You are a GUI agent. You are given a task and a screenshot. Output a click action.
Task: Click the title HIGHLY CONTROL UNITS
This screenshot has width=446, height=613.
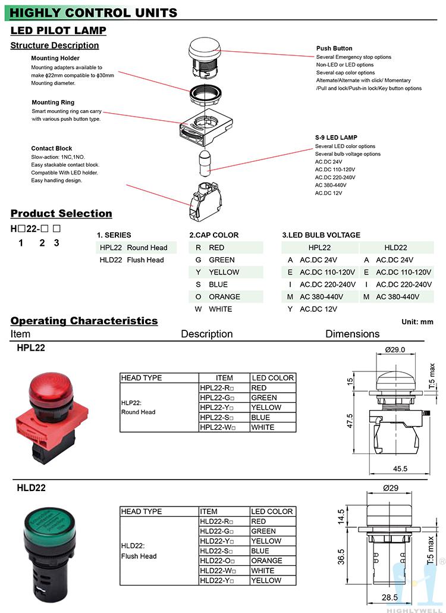click(93, 12)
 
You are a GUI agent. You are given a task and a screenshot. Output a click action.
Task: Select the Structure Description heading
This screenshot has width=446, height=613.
click(55, 45)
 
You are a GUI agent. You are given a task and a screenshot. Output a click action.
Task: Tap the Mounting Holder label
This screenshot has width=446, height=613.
click(55, 58)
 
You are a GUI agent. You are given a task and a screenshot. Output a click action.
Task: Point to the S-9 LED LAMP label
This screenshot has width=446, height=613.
click(336, 137)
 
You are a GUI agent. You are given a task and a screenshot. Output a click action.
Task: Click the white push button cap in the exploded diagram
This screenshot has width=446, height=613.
click(204, 48)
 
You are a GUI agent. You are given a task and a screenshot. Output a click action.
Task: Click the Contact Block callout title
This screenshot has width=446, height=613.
click(52, 149)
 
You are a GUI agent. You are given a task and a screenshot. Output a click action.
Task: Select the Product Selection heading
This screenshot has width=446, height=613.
click(61, 214)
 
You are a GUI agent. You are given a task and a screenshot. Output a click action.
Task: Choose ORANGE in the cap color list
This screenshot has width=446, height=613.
click(224, 296)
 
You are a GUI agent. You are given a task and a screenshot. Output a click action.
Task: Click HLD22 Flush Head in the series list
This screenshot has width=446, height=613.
click(131, 260)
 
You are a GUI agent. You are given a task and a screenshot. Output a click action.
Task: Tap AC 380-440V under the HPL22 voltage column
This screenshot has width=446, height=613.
click(321, 296)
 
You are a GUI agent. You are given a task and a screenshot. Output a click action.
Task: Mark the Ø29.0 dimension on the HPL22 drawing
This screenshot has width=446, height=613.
click(395, 349)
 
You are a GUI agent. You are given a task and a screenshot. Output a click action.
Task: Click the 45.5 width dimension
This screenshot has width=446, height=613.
click(400, 469)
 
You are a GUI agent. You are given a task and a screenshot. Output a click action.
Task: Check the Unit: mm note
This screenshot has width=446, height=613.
click(417, 322)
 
